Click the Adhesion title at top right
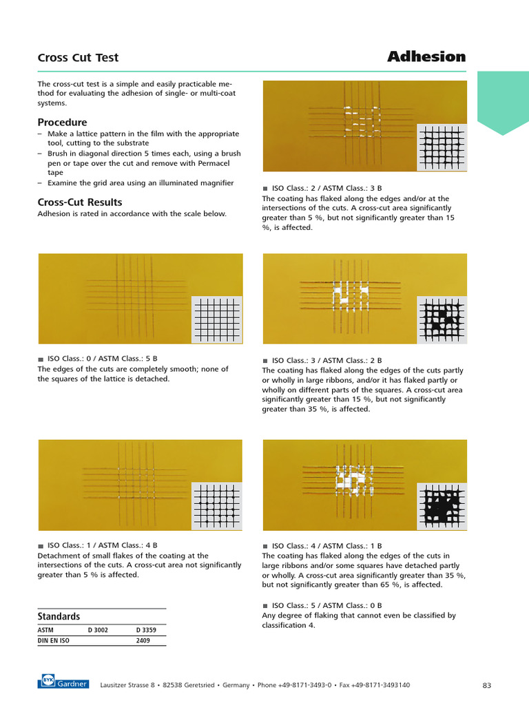pyautogui.click(x=426, y=56)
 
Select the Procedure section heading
pyautogui.click(x=62, y=122)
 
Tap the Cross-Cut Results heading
pyautogui.click(x=79, y=202)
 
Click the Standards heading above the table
pyautogui.click(x=59, y=616)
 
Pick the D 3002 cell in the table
pyautogui.click(x=98, y=629)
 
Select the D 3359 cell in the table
pyautogui.click(x=147, y=629)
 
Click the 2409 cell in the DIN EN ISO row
pyautogui.click(x=143, y=640)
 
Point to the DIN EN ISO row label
pyautogui.click(x=53, y=640)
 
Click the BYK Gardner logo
pyautogui.click(x=63, y=684)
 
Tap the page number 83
pyautogui.click(x=486, y=685)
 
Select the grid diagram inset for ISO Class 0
pyautogui.click(x=217, y=320)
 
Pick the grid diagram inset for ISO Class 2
pyautogui.click(x=442, y=147)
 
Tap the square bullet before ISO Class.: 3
pyautogui.click(x=265, y=360)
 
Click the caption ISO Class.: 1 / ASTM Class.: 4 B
pyautogui.click(x=102, y=546)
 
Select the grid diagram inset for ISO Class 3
pyautogui.click(x=442, y=320)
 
